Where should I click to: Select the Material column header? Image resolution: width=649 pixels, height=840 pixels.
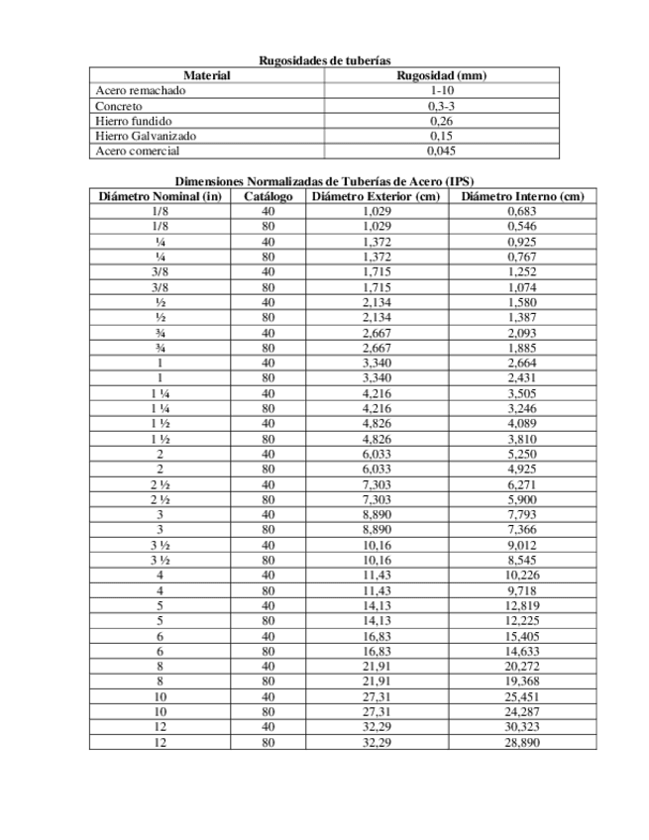pyautogui.click(x=207, y=75)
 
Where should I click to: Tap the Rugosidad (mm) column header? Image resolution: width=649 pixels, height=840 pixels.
pyautogui.click(x=442, y=75)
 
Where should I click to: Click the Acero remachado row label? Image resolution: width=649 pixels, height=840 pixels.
pyautogui.click(x=140, y=90)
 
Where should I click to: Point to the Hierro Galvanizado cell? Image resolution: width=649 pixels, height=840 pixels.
pyautogui.click(x=146, y=136)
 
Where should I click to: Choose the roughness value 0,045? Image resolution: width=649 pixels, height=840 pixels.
pyautogui.click(x=442, y=151)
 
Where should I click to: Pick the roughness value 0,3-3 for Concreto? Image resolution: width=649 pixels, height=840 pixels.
pyautogui.click(x=442, y=106)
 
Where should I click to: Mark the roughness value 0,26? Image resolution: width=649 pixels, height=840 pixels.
pyautogui.click(x=442, y=121)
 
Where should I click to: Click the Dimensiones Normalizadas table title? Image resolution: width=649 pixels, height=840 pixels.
pyautogui.click(x=324, y=181)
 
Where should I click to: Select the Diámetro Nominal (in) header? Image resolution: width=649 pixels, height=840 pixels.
pyautogui.click(x=160, y=196)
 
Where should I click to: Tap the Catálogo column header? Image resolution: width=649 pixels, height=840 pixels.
pyautogui.click(x=268, y=196)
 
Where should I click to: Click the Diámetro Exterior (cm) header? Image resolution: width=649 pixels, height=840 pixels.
pyautogui.click(x=377, y=196)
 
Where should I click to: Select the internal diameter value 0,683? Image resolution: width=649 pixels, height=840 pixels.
pyautogui.click(x=521, y=211)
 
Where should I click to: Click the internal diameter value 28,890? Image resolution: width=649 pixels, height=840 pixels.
pyautogui.click(x=521, y=741)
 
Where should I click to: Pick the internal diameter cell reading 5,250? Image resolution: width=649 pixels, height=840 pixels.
pyautogui.click(x=521, y=454)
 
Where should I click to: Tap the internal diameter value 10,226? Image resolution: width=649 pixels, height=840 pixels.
pyautogui.click(x=521, y=575)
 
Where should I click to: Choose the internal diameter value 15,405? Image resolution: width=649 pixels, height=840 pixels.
pyautogui.click(x=521, y=635)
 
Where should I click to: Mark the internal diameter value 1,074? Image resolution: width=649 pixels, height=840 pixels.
pyautogui.click(x=521, y=287)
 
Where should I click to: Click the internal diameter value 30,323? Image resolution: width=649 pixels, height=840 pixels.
pyautogui.click(x=521, y=726)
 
